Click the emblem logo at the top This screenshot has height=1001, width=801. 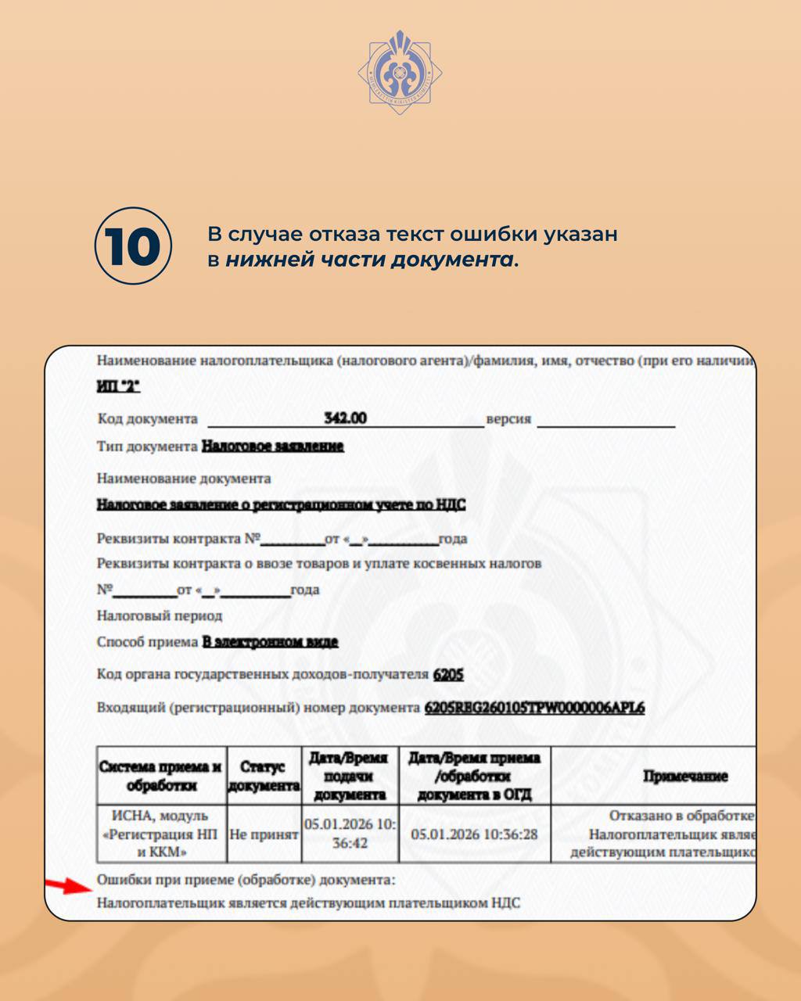400,72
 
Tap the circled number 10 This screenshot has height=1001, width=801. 133,246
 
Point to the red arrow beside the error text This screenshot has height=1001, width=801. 69,885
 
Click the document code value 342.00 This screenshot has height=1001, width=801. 345,418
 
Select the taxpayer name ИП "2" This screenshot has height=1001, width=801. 118,387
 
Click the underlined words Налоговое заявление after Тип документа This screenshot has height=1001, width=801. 272,447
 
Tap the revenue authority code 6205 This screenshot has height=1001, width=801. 448,674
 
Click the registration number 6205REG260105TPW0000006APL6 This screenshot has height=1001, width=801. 534,709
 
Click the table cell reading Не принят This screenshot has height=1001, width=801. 264,834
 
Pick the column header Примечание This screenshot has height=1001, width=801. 684,777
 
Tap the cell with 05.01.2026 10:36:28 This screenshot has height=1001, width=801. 474,834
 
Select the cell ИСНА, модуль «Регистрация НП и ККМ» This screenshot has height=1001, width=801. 160,834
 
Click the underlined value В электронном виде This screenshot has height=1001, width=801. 270,642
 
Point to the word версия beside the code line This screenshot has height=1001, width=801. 508,419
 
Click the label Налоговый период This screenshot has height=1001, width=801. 160,615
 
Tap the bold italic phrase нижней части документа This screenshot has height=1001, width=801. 369,260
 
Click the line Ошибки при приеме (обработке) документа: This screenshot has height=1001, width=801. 246,880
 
